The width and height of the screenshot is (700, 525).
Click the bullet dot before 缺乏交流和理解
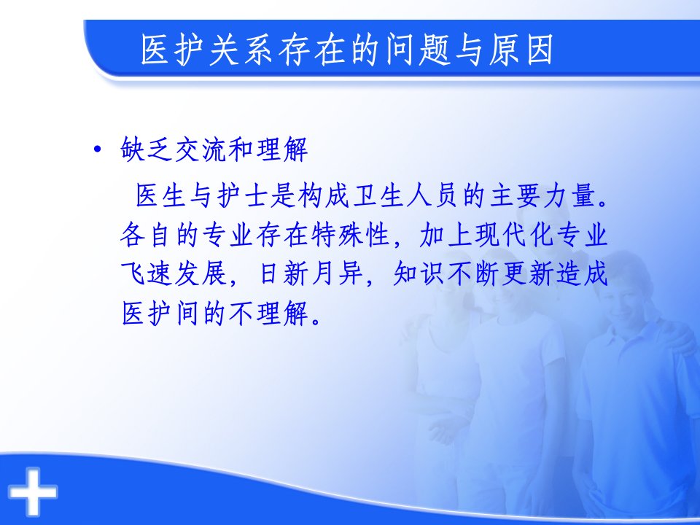point(97,149)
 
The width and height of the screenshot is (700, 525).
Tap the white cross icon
point(33,491)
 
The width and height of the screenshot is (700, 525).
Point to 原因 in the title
point(521,50)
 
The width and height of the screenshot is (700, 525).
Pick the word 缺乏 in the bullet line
point(147,149)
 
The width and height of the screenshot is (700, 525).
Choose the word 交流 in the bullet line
point(201,149)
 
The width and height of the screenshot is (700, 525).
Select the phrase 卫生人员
point(405,196)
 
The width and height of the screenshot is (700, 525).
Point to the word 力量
point(568,196)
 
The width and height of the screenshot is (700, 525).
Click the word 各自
point(147,235)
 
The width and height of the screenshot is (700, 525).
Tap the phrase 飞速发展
point(174,273)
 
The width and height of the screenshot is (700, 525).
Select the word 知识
point(419,273)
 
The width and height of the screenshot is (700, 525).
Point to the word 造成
point(582,273)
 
